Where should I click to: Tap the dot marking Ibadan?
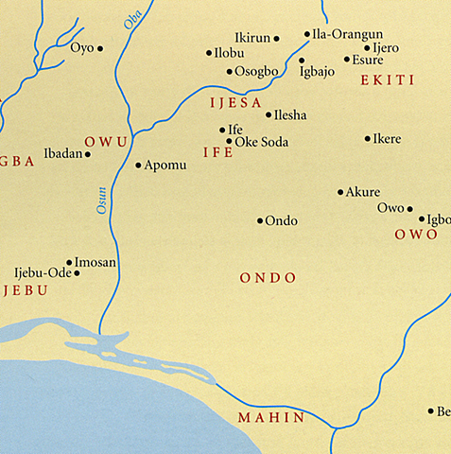(x=88, y=154)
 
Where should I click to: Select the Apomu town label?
(x=165, y=165)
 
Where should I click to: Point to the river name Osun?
(x=101, y=198)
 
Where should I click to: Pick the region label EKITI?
(x=388, y=80)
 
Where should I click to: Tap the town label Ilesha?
(x=290, y=115)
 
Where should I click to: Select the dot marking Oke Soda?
(x=229, y=142)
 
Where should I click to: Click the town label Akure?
(x=363, y=192)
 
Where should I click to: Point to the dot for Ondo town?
(x=260, y=221)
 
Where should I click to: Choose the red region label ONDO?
(x=269, y=278)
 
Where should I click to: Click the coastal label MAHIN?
(x=270, y=417)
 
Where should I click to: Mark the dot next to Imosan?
(x=69, y=262)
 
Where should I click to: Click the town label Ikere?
(x=388, y=139)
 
